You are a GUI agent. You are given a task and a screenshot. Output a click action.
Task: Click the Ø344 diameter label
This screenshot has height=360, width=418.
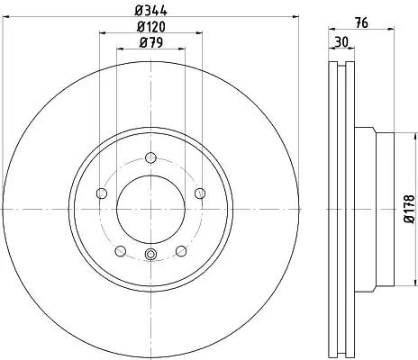coord(150,11)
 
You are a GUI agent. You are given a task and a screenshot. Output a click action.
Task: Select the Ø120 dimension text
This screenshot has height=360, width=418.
coord(150,27)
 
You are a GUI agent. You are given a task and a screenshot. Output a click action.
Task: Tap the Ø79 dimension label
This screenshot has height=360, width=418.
coord(150,42)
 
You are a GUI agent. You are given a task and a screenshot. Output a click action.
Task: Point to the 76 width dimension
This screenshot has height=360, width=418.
coord(361,22)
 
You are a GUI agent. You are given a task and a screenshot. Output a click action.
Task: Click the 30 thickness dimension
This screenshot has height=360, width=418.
coord(341,41)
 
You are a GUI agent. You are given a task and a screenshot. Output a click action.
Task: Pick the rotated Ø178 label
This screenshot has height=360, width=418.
coord(409,209)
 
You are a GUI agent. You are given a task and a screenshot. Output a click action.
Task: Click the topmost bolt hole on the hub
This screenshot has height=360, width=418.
coord(150,157)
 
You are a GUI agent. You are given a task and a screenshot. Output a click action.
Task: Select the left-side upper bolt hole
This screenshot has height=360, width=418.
coord(102,193)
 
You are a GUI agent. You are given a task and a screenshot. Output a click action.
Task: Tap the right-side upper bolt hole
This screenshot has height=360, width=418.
coord(200,193)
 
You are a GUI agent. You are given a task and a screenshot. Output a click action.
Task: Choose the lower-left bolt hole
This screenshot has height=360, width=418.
coord(121,251)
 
